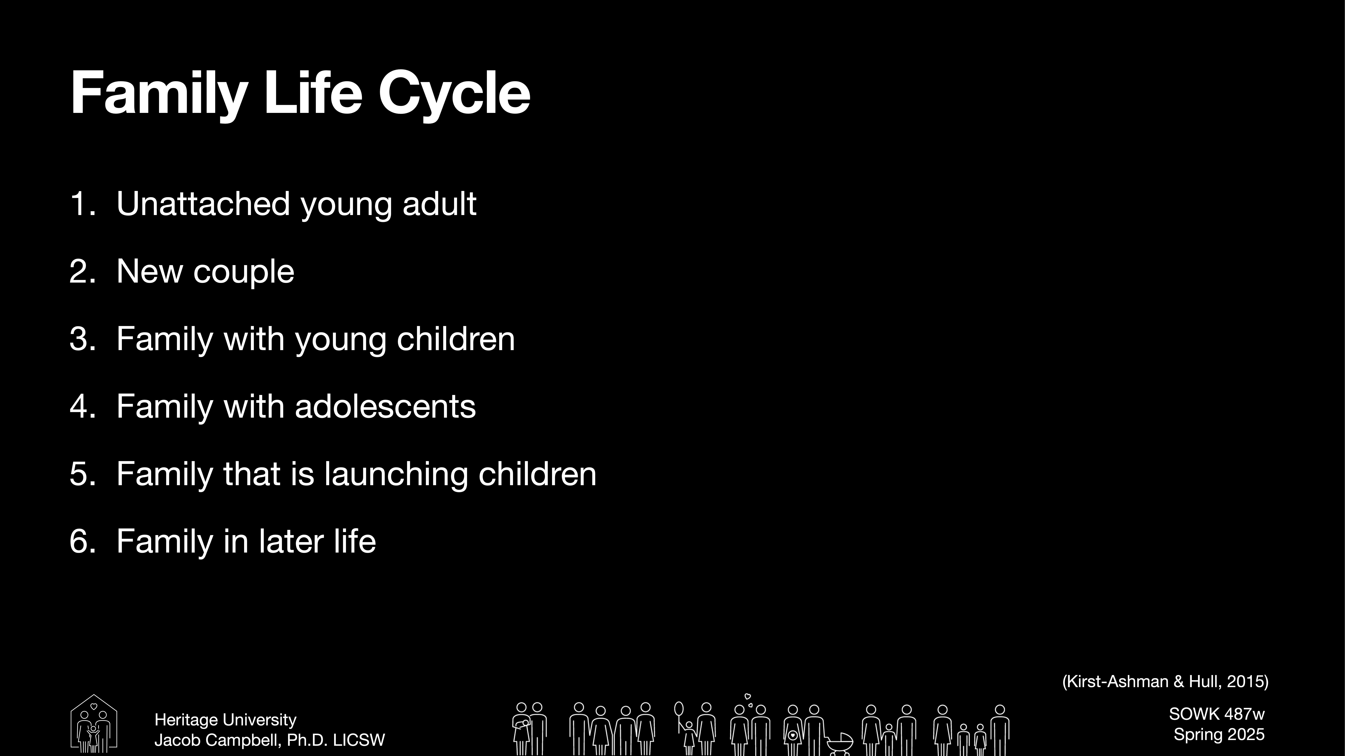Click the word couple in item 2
tap(243, 272)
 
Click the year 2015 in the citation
tap(1245, 681)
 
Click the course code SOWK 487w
tap(1217, 714)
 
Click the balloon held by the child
tap(679, 708)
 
